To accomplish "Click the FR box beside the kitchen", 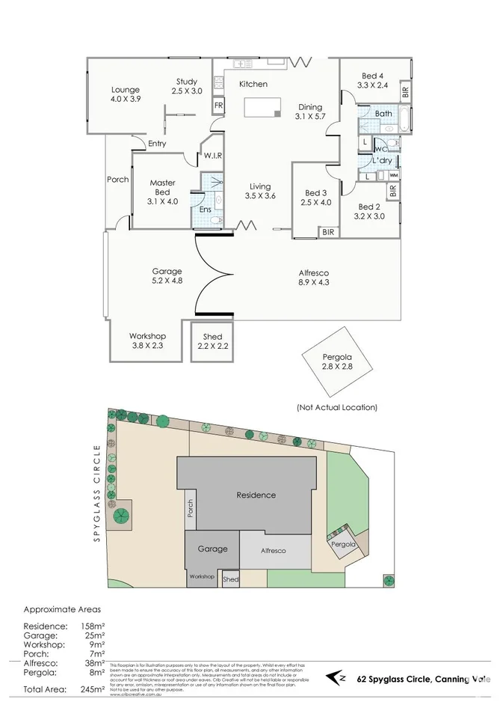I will [218, 106].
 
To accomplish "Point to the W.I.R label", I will [212, 156].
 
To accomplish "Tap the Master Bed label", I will [162, 186].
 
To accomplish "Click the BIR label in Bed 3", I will [328, 233].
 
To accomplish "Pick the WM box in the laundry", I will [393, 175].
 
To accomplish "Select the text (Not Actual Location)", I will [337, 407].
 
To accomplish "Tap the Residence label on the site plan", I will [256, 495].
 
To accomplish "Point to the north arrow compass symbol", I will [338, 678].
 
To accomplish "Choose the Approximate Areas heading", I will [61, 609].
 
